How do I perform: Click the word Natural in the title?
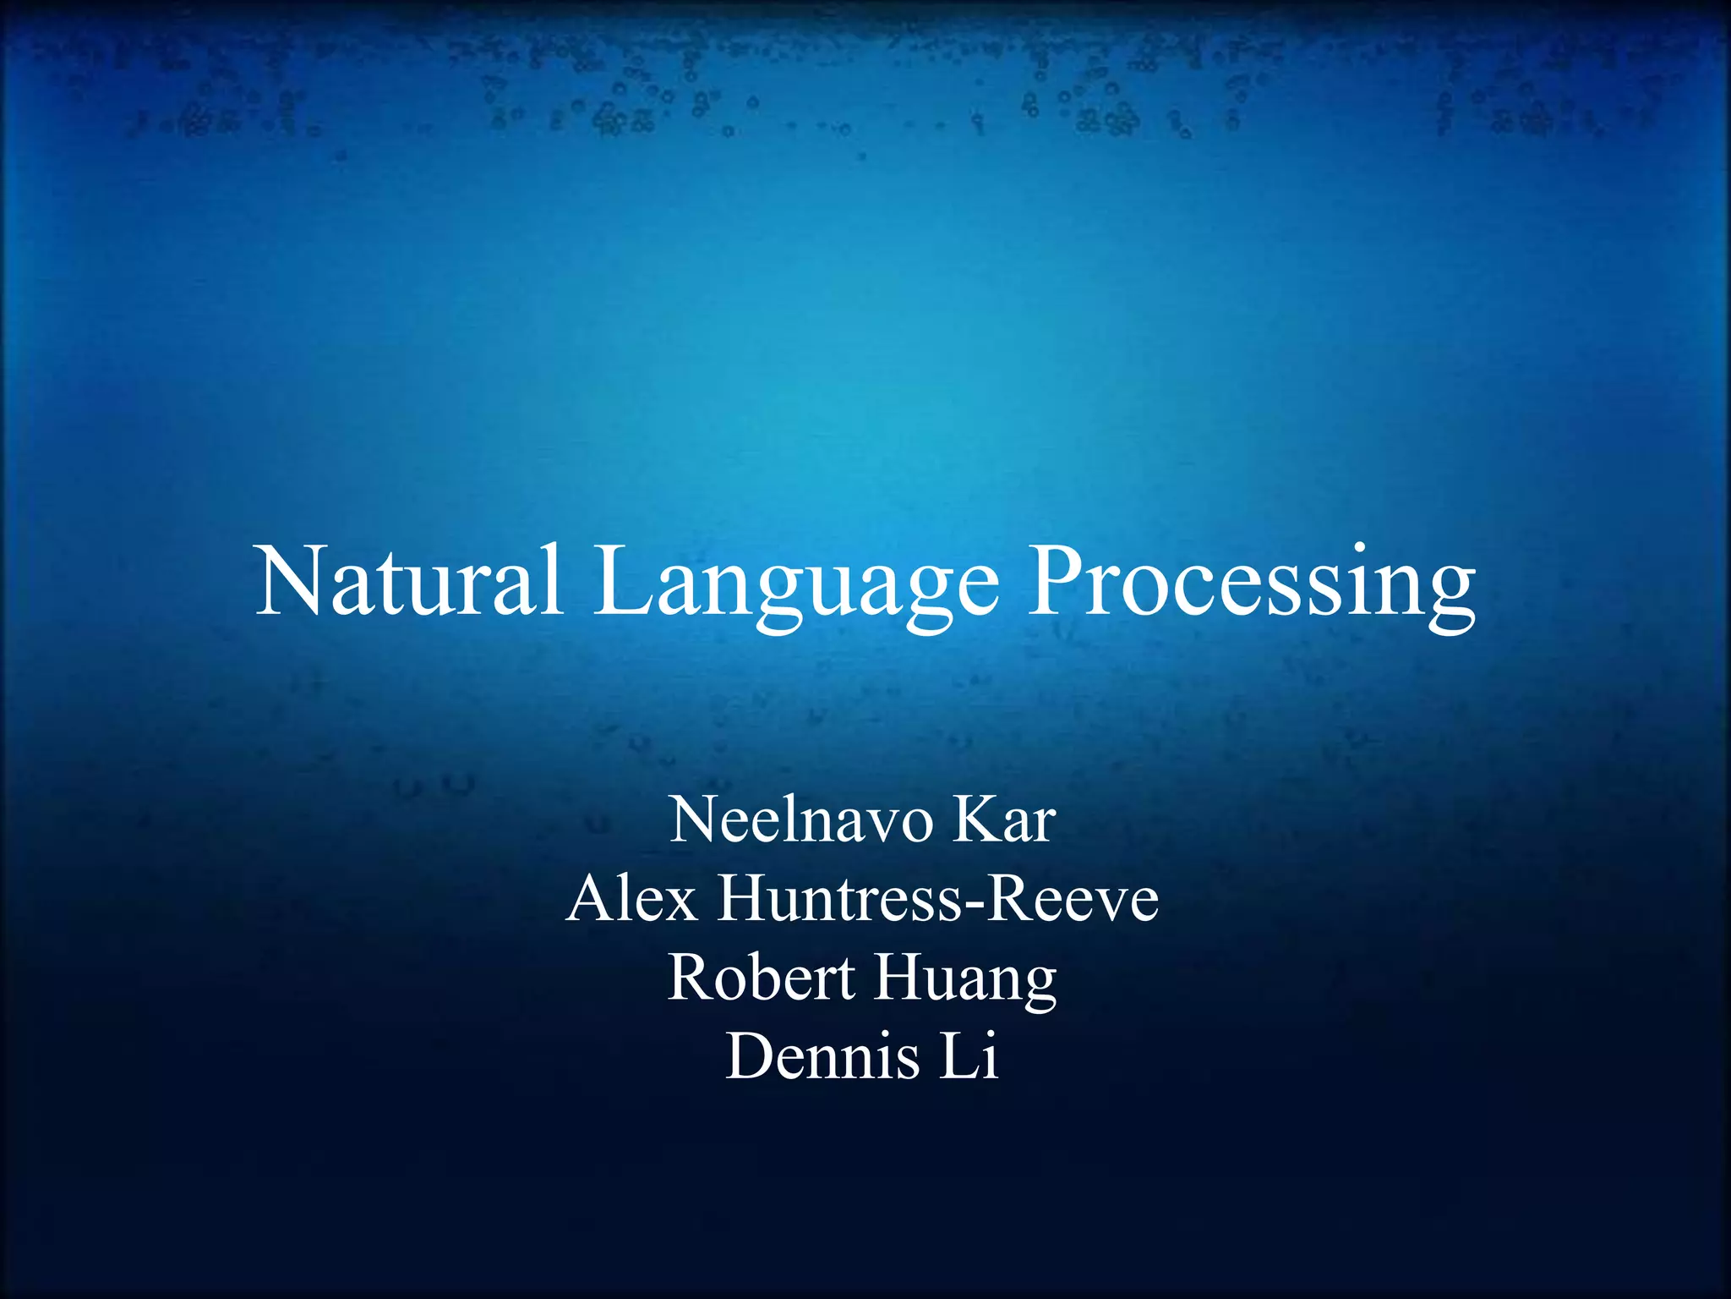pyautogui.click(x=409, y=583)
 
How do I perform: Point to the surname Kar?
pyautogui.click(x=1003, y=819)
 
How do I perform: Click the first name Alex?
pyautogui.click(x=632, y=898)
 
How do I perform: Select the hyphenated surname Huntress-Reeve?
pyautogui.click(x=938, y=898)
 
